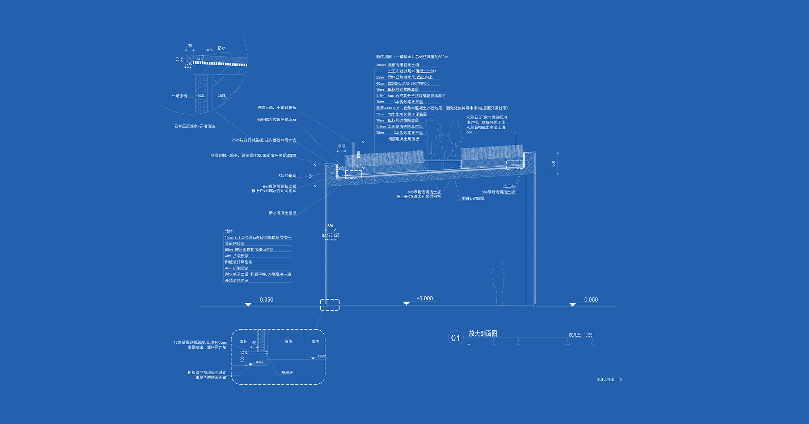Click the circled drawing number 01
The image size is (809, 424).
tap(455, 338)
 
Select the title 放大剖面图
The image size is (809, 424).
tap(483, 333)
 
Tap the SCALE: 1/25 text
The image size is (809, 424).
tap(580, 335)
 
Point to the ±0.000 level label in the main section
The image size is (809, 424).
tap(424, 298)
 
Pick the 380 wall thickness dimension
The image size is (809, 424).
tap(330, 226)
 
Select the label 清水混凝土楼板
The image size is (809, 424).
tap(282, 213)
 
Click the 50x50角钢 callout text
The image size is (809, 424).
tap(287, 176)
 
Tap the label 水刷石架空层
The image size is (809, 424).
tap(473, 198)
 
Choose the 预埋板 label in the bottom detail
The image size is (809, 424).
tap(287, 373)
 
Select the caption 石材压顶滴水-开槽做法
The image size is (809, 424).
tap(194, 126)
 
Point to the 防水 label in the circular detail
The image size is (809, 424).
tap(222, 48)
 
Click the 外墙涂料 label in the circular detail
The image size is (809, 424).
tap(179, 96)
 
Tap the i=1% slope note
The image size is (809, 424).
tap(209, 50)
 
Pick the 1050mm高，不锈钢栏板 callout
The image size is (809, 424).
tap(276, 108)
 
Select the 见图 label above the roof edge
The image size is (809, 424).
tap(341, 146)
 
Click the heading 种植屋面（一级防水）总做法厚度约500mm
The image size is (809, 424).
tap(412, 57)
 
